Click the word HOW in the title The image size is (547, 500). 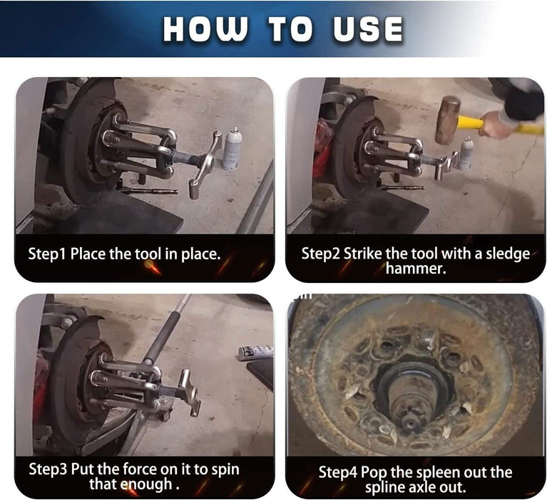coord(206,29)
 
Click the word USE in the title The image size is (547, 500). coord(369,29)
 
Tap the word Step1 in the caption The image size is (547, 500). coord(47,254)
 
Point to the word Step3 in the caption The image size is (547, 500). coord(48,469)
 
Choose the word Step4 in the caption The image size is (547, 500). coord(338,472)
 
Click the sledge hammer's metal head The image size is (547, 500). coord(447,120)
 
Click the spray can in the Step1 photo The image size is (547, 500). coord(232,149)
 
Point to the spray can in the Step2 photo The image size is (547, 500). coord(466,154)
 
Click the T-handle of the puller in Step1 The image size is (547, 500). coord(206,164)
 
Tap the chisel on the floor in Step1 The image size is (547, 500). coord(149,191)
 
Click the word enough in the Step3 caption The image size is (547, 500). coord(145,484)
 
